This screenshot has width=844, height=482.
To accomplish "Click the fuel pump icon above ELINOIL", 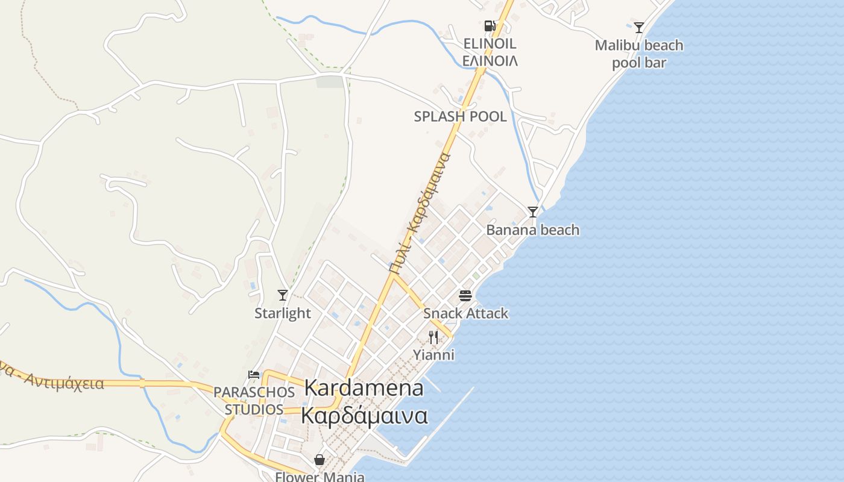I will tap(490, 26).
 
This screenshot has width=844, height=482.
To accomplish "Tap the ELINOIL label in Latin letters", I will tap(490, 43).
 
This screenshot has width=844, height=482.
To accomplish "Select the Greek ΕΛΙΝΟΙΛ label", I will tap(490, 61).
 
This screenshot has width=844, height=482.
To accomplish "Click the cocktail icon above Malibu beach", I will tap(639, 27).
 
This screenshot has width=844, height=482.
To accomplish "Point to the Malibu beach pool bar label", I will tap(639, 54).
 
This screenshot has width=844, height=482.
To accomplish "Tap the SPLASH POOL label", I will tap(460, 117).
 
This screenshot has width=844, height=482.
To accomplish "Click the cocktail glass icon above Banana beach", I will tap(533, 212).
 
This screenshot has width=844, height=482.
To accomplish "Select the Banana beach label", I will tap(533, 230).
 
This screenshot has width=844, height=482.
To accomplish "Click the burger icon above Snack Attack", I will tap(465, 295).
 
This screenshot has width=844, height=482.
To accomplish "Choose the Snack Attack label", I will tap(465, 313).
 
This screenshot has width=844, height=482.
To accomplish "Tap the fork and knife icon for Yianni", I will tap(433, 337).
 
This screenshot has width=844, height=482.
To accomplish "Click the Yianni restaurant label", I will tap(433, 355).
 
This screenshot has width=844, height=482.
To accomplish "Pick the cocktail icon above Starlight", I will tap(283, 295).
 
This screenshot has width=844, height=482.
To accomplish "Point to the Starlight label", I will tap(283, 313).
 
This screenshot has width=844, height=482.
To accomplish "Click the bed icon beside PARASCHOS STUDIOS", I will tap(254, 375).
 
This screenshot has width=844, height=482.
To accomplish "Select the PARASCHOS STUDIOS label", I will tap(254, 401).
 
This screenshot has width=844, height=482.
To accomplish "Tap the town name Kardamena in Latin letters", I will tap(364, 389).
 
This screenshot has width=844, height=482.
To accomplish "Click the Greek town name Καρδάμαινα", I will tap(364, 416).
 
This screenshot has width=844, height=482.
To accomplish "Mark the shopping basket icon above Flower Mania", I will tap(320, 460).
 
